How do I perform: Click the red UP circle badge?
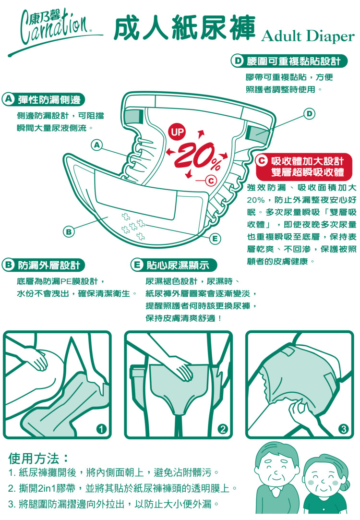click(x=177, y=132)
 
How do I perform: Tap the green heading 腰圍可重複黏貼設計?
click(x=289, y=61)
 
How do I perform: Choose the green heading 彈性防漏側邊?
click(x=43, y=99)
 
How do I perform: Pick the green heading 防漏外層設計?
click(x=43, y=265)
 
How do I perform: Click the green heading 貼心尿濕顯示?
click(x=174, y=265)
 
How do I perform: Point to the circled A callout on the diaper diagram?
click(x=96, y=145)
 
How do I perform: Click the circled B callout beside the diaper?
click(x=68, y=232)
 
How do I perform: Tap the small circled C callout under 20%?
click(x=211, y=181)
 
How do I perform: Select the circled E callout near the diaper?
click(x=215, y=239)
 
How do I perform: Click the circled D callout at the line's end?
click(x=309, y=114)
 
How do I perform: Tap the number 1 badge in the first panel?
click(x=101, y=429)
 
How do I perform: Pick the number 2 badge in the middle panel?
click(x=222, y=429)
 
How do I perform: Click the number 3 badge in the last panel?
click(x=343, y=429)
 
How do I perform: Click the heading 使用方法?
click(x=38, y=459)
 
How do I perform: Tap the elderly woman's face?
click(x=322, y=478)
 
